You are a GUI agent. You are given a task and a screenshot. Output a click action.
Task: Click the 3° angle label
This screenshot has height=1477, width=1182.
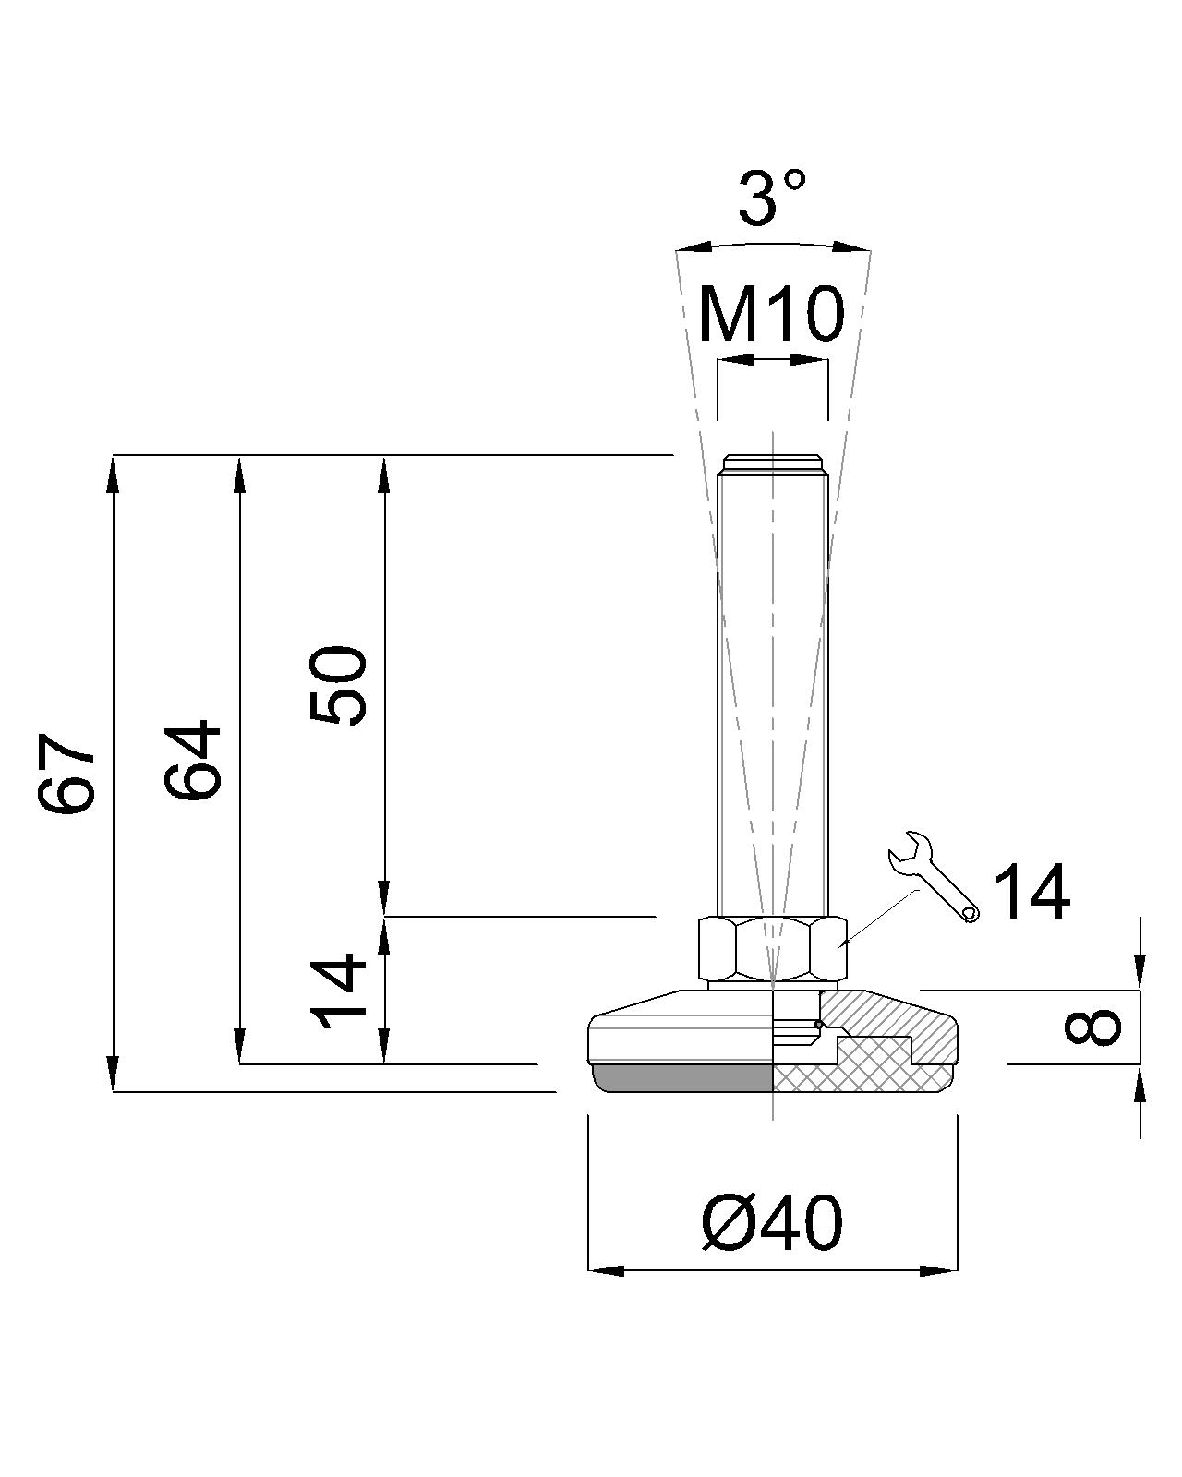772,198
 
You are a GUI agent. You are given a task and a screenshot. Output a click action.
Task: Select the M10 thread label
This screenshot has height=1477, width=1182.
771,314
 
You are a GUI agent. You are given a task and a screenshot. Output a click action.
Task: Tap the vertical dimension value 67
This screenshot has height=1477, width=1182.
67,774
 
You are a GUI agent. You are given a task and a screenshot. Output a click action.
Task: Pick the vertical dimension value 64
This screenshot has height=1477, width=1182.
193,760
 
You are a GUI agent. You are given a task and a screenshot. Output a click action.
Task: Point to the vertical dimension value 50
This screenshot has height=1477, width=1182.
338,686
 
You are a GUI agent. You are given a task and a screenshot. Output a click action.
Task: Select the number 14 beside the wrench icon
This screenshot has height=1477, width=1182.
1031,893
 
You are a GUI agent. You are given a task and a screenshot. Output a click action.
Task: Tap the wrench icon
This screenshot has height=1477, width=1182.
933,875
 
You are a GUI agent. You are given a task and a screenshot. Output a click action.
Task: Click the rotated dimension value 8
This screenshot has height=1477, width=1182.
1092,1027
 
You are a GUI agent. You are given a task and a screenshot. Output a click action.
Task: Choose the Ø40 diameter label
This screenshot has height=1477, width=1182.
772,1224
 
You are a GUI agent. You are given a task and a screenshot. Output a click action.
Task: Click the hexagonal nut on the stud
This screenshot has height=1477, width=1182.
772,948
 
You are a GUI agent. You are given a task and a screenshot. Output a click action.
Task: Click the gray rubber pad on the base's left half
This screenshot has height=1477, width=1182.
683,1076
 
